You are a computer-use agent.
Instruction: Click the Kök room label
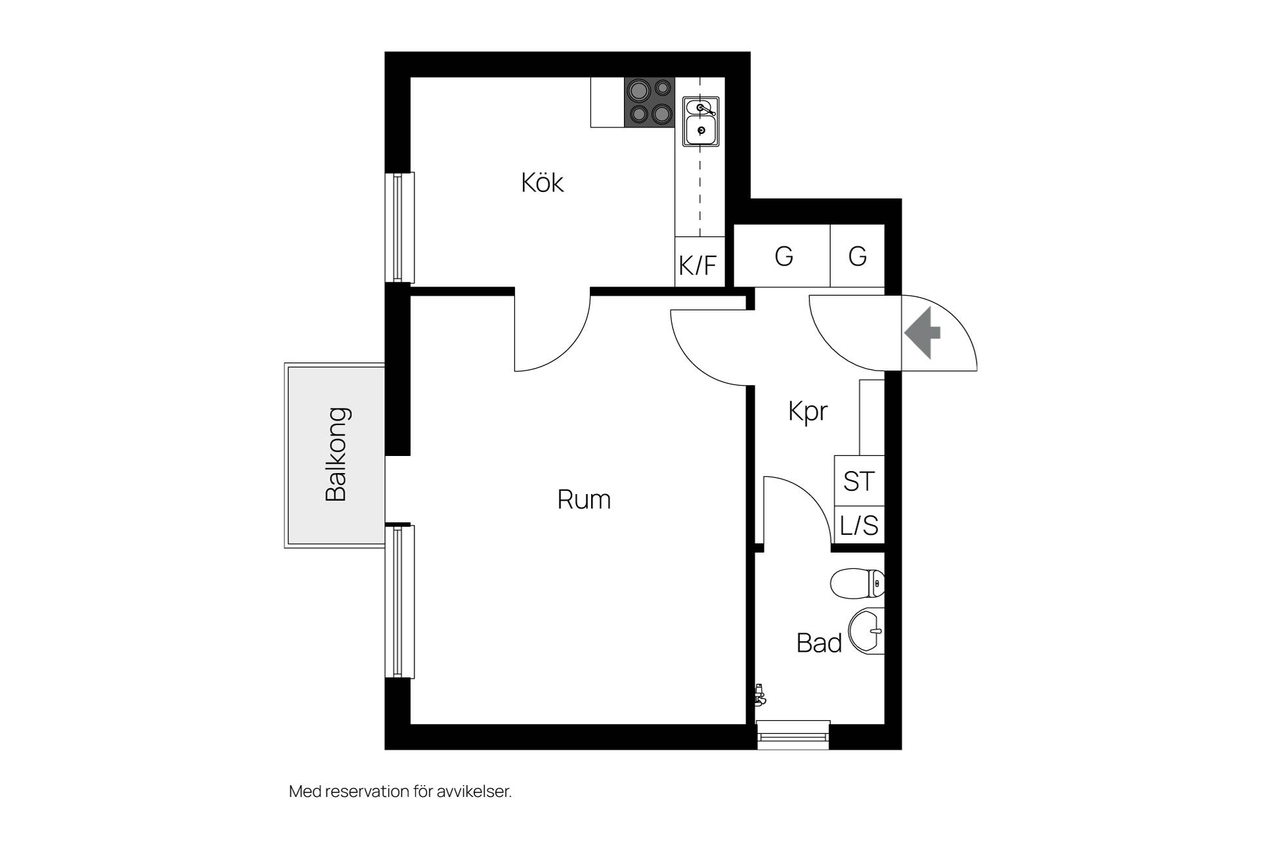542,183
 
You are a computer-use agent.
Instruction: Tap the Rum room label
584,500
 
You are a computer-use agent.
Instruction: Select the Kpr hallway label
808,412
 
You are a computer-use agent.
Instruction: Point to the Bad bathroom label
819,643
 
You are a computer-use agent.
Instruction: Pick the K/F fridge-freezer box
700,261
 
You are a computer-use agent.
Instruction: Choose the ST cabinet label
859,482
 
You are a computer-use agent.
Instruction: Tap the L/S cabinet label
859,526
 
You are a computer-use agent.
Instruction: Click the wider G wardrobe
782,256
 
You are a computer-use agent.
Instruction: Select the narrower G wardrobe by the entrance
858,256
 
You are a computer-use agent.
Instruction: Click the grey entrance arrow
923,332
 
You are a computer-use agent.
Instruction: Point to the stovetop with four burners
649,102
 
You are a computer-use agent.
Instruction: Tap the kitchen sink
701,122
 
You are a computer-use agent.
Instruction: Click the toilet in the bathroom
858,583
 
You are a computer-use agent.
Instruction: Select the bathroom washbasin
867,631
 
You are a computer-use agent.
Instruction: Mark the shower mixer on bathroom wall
760,694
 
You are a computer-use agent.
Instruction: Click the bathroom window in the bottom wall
793,735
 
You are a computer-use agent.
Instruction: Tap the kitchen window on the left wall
400,227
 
